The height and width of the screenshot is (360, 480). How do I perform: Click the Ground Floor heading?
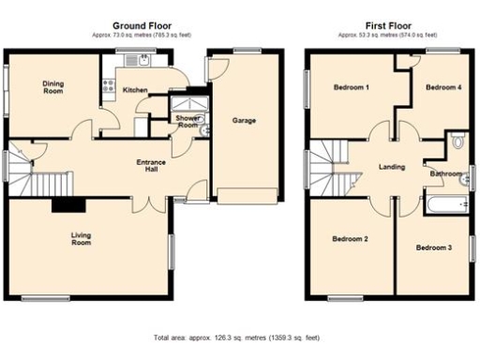tap(142, 24)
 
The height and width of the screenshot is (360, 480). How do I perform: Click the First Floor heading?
tap(387, 24)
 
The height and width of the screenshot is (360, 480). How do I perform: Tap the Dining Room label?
tap(52, 87)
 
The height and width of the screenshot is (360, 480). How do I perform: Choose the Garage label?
tap(244, 120)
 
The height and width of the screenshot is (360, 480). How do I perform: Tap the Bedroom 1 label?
tap(352, 87)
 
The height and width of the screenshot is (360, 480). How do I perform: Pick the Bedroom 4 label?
tap(443, 87)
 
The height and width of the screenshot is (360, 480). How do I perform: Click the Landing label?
tap(391, 167)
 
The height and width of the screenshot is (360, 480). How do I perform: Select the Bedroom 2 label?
tap(349, 239)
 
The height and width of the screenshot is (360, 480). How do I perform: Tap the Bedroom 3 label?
tap(434, 247)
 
